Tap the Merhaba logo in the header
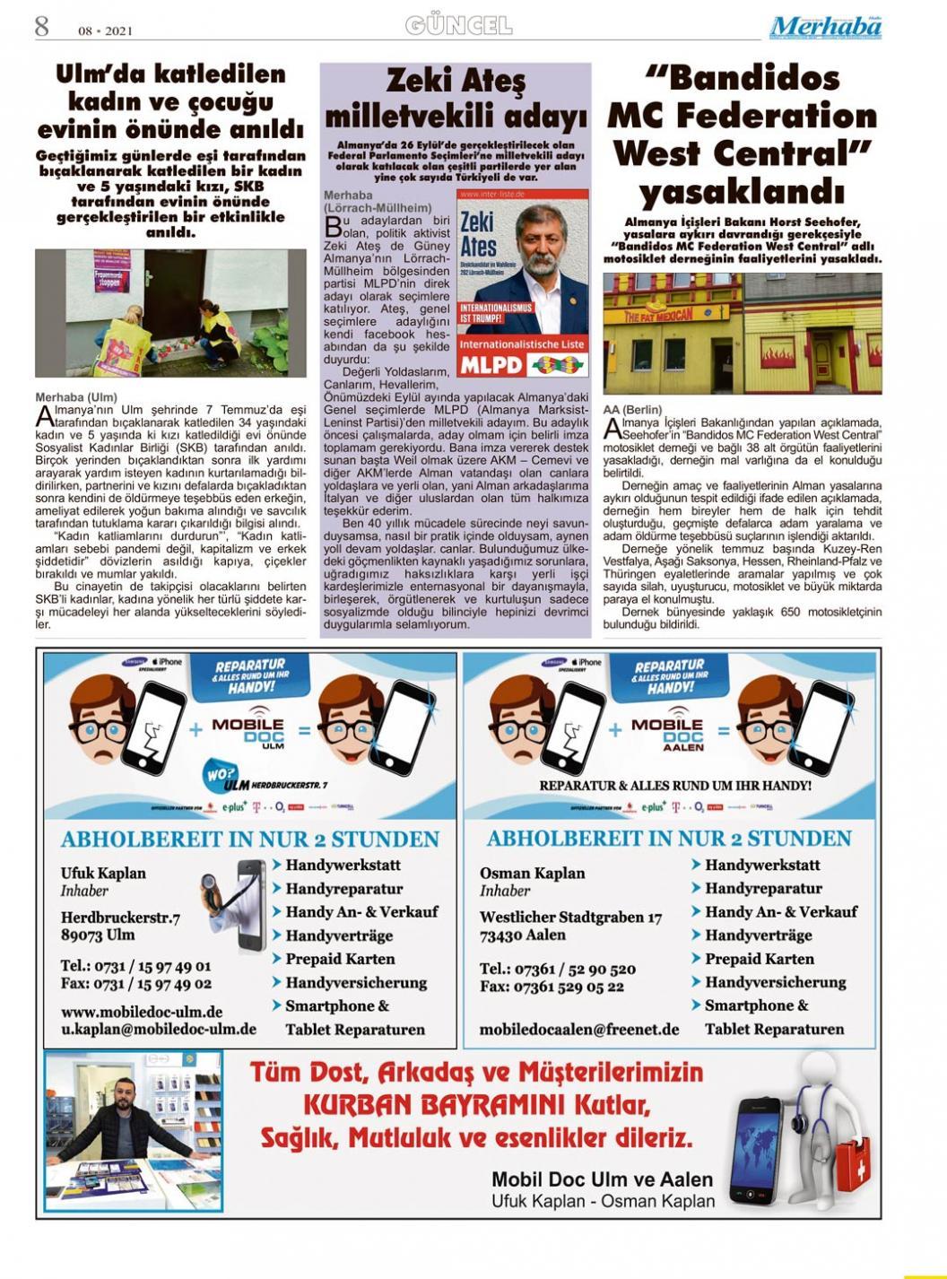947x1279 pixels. tap(825, 27)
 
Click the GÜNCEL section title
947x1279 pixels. tap(458, 25)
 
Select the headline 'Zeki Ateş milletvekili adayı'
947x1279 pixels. tap(456, 100)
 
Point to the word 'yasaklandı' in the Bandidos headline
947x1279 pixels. tap(742, 192)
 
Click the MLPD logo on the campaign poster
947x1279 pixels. tap(491, 365)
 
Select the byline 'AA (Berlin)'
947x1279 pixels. tap(632, 410)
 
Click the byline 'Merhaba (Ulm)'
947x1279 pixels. tap(76, 396)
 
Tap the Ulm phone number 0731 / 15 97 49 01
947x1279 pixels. tap(136, 966)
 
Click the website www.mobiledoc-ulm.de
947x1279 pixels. tap(142, 1012)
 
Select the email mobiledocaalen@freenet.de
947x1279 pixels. tap(579, 1030)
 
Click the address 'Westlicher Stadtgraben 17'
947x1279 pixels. tap(571, 917)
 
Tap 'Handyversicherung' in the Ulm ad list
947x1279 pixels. tap(356, 982)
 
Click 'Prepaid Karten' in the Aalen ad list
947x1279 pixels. tap(760, 959)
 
